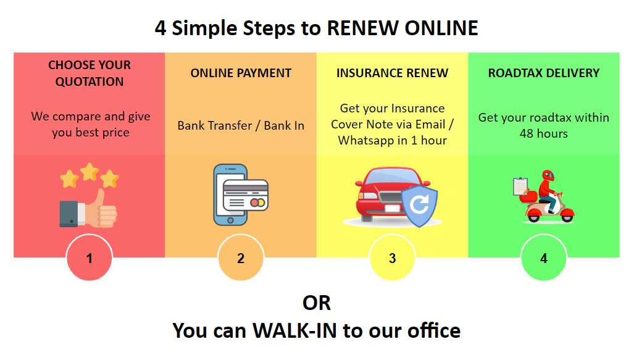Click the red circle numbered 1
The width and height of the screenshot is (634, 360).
[x=90, y=257]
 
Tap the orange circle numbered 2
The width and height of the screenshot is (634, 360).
[x=241, y=257]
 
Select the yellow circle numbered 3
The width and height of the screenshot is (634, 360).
[x=392, y=257]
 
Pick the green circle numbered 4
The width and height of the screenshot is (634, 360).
[x=544, y=257]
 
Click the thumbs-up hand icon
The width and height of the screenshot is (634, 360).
[x=88, y=209]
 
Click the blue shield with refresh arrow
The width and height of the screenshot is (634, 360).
[x=419, y=206]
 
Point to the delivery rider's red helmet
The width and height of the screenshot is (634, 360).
[x=548, y=176]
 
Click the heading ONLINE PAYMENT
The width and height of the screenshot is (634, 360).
[x=241, y=73]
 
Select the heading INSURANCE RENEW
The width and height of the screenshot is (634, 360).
[x=392, y=73]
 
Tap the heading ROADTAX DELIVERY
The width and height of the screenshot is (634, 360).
[x=544, y=73]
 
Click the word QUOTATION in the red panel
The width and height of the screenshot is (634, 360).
[x=90, y=82]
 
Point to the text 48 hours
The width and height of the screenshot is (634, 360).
[x=544, y=133]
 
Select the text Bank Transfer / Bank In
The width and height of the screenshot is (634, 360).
[x=241, y=126]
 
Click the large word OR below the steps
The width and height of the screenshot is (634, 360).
[x=317, y=303]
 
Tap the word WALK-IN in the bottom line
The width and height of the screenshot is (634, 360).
[x=294, y=330]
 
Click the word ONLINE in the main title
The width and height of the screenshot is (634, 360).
[x=441, y=28]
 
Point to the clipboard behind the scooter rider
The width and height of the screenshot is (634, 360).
[x=520, y=186]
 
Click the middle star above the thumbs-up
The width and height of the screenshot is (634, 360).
[x=90, y=172]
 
